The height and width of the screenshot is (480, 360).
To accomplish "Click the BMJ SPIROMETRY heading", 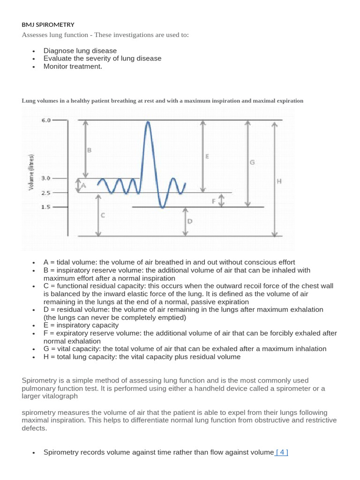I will [x=48, y=24].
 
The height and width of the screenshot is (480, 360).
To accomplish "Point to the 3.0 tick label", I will [x=46, y=178].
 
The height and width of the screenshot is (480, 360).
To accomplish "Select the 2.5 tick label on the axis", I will [x=46, y=193].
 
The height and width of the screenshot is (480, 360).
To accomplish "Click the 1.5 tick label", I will [x=46, y=207].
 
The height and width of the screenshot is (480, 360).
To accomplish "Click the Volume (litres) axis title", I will [x=31, y=172].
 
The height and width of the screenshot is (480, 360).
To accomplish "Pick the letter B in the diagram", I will [x=90, y=150].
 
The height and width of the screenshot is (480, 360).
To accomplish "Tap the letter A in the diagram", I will [x=84, y=186].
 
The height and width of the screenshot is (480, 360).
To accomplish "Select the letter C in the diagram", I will [x=103, y=215].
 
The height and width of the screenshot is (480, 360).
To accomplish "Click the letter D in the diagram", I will [x=190, y=221].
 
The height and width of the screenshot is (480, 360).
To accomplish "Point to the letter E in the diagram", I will [x=207, y=157].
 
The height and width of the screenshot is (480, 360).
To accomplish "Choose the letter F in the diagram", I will [x=214, y=201].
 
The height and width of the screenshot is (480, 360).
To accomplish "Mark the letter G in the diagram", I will [x=252, y=162].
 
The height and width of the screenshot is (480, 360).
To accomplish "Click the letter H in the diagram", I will [x=279, y=180].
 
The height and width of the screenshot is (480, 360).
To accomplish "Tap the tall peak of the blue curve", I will [x=148, y=123].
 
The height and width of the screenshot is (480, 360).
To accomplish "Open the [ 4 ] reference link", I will [x=282, y=452].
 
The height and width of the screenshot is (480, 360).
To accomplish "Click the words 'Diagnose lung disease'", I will [x=80, y=51].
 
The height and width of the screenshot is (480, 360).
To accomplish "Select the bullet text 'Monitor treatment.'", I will [x=73, y=66].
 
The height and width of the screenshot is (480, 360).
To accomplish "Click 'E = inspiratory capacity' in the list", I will [x=81, y=325].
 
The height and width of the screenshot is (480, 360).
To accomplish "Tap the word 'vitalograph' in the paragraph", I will [x=60, y=396].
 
